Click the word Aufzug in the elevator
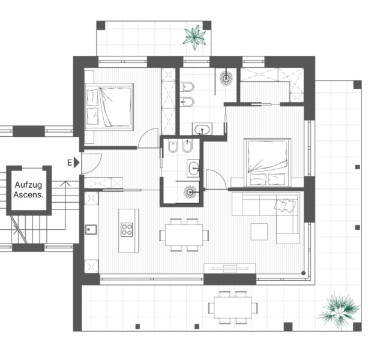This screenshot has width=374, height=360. (28, 185)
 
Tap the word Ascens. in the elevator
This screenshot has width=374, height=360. (28, 194)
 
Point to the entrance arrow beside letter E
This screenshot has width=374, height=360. (77, 163)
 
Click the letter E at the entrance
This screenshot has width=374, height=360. (70, 163)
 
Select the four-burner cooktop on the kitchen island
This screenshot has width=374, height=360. (127, 230)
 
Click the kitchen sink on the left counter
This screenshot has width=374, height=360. (91, 230)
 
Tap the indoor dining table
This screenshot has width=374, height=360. (184, 235)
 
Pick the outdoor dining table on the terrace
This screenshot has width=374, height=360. (233, 307)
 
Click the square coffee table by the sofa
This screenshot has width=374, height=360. (259, 232)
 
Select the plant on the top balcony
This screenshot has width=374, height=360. (195, 37)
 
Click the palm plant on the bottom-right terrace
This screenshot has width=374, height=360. (339, 310)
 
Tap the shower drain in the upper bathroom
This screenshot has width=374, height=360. (226, 78)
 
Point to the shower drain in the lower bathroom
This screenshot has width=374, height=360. (190, 192)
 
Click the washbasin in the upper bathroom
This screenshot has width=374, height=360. (202, 130)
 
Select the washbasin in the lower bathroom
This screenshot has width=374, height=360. (193, 169)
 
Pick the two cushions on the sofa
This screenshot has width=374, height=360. (285, 205)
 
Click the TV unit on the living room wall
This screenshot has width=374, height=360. (230, 268)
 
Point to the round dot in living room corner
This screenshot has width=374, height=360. (303, 273)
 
